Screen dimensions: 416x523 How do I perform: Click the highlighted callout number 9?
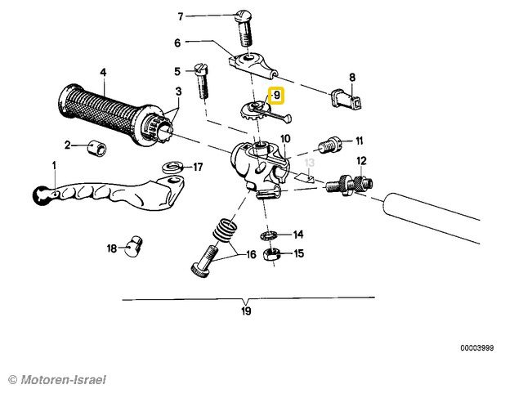point(277,96)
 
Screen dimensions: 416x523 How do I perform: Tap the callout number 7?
point(181,16)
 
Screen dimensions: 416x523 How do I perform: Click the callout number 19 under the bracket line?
point(246,311)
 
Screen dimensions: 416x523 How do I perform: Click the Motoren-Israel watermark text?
point(57,379)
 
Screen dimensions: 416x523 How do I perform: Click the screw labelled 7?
point(243,27)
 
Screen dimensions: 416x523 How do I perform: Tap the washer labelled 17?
point(172,168)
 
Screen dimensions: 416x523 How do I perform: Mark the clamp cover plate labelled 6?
point(249,63)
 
